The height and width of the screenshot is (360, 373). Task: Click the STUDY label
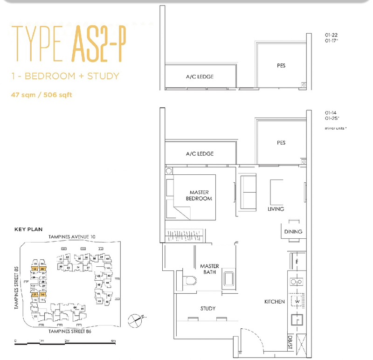(208, 308)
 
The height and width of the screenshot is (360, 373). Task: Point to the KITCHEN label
(274, 302)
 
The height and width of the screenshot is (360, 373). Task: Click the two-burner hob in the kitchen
(296, 281)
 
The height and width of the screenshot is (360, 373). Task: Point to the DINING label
(293, 232)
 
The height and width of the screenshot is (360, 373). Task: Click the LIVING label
(276, 209)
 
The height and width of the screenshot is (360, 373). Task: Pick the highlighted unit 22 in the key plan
(34, 269)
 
